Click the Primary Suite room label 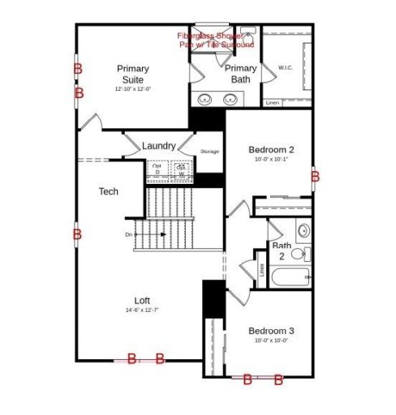click(x=131, y=74)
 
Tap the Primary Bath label click(x=241, y=74)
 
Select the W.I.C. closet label click(x=285, y=67)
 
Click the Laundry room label click(x=158, y=146)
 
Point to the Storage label click(x=210, y=152)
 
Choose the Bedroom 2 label click(x=270, y=149)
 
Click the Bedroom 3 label click(x=270, y=331)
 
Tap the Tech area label click(x=109, y=191)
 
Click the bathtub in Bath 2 click(x=289, y=277)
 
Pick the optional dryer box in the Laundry click(x=157, y=169)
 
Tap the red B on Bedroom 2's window click(x=316, y=176)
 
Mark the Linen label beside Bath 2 click(x=261, y=268)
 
